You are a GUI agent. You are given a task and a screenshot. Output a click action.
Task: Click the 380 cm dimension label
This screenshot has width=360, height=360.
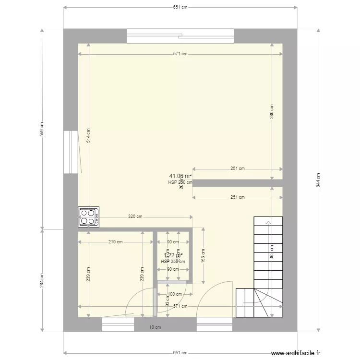[271, 112]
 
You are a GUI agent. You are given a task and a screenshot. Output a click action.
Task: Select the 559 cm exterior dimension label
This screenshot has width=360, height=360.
[43, 128]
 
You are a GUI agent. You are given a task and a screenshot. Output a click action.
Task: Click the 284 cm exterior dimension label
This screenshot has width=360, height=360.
[43, 280]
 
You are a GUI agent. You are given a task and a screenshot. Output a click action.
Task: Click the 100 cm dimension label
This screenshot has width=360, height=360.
[175, 294]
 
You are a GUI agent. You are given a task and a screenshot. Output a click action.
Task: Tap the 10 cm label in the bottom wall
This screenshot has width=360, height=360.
[155, 327]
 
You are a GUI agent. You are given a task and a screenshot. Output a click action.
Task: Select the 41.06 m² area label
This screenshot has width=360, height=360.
[180, 176]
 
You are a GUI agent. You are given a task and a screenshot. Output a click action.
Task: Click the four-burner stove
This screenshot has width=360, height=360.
[89, 216]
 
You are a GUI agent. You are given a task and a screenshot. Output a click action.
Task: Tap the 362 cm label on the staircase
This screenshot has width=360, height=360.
[271, 253]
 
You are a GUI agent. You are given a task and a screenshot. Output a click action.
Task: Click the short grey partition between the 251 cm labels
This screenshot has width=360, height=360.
[238, 183]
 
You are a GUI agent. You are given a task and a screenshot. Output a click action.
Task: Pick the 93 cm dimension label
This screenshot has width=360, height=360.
[168, 300]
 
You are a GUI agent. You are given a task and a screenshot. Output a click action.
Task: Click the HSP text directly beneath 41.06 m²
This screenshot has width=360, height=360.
[180, 182]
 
